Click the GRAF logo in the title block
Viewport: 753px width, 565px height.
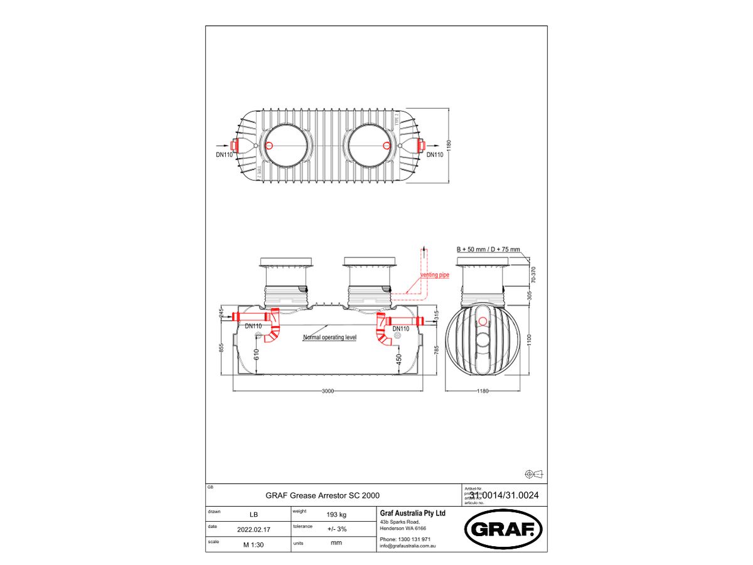coord(503,529)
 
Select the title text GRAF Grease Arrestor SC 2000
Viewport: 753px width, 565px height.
coord(323,495)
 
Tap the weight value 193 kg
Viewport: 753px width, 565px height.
coord(337,515)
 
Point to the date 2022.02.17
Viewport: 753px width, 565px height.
coord(254,529)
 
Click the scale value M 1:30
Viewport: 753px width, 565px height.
coord(254,544)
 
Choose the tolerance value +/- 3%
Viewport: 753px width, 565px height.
coord(337,529)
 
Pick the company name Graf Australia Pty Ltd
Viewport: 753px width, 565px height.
coord(413,513)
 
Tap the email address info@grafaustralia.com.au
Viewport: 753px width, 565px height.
coord(408,546)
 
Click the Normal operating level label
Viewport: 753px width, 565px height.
coord(329,337)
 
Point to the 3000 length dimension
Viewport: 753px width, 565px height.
coord(328,390)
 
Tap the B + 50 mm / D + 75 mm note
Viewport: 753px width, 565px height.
coord(488,249)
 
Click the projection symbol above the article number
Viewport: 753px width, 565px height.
coord(533,473)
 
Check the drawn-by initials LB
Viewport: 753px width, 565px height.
coord(254,515)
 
